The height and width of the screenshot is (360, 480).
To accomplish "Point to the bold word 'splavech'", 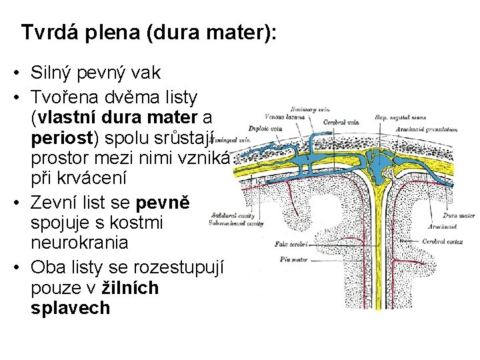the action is click(70, 309).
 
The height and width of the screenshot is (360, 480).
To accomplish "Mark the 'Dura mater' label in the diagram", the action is click(459, 216).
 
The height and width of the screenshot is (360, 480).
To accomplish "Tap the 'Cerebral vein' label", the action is click(339, 122).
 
